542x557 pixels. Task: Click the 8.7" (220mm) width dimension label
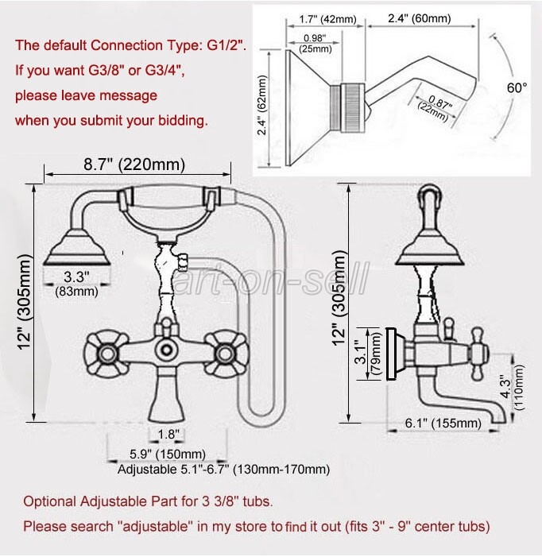coord(134,165)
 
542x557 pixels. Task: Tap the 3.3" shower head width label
coord(76,277)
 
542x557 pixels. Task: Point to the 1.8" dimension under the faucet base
coord(168,434)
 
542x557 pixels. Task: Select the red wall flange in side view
coord(391,354)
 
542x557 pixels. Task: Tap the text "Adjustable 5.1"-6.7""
coord(168,470)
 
